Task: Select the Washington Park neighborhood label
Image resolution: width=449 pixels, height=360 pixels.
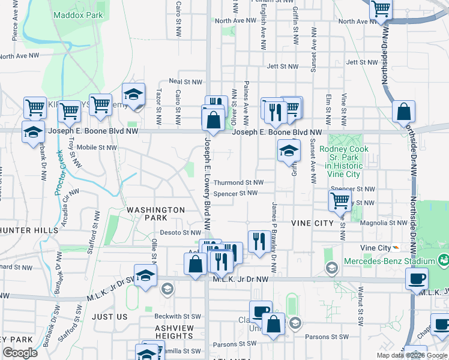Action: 156,214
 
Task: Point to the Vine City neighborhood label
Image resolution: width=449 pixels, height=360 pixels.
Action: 312,223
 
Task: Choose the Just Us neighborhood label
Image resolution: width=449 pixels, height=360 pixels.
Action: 110,316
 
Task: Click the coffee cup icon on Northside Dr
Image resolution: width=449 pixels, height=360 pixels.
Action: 417,279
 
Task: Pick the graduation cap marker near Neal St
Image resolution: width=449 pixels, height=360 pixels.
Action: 133,94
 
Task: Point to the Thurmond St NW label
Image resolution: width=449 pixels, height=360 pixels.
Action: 239,182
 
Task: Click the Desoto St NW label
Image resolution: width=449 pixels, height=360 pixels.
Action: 180,233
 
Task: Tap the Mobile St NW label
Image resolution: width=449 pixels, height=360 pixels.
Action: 97,147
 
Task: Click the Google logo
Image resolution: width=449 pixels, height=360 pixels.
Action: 20,352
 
